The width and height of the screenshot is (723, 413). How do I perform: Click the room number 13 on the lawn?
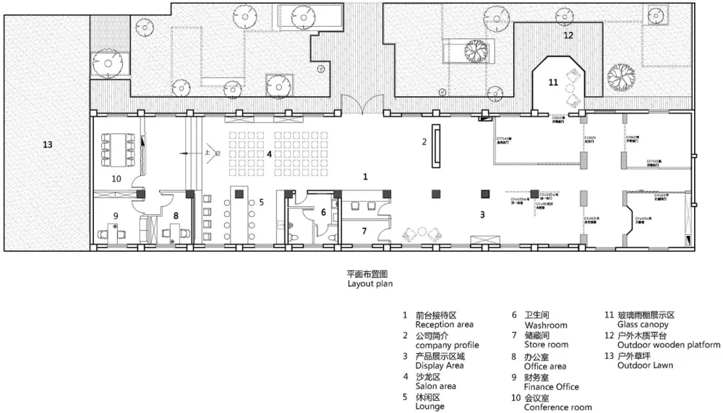[47, 145]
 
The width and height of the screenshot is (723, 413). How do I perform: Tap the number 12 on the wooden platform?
[568, 35]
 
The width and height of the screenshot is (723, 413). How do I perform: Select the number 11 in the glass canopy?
[553, 83]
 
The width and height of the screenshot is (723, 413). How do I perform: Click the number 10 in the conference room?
[116, 178]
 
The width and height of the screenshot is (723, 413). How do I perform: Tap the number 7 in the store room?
[364, 231]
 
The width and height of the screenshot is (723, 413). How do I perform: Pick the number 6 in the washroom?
[323, 212]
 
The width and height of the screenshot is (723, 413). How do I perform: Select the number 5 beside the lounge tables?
[262, 203]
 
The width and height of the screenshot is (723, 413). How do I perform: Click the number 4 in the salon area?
[269, 153]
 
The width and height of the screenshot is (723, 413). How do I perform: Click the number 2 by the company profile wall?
[424, 142]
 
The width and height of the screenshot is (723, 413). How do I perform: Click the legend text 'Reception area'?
[444, 325]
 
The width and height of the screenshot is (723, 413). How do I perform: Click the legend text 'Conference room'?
[558, 407]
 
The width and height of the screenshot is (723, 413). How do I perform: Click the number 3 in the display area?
[482, 215]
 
